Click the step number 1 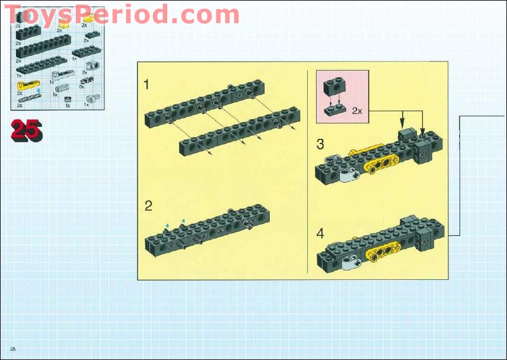point(146,85)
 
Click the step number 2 point(148,206)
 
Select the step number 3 point(320,144)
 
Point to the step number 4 point(320,233)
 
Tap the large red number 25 point(26,129)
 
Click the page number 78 point(12,346)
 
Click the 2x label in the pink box point(357,110)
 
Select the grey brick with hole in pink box point(333,88)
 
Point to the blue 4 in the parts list point(38,91)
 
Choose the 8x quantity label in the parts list point(82,87)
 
